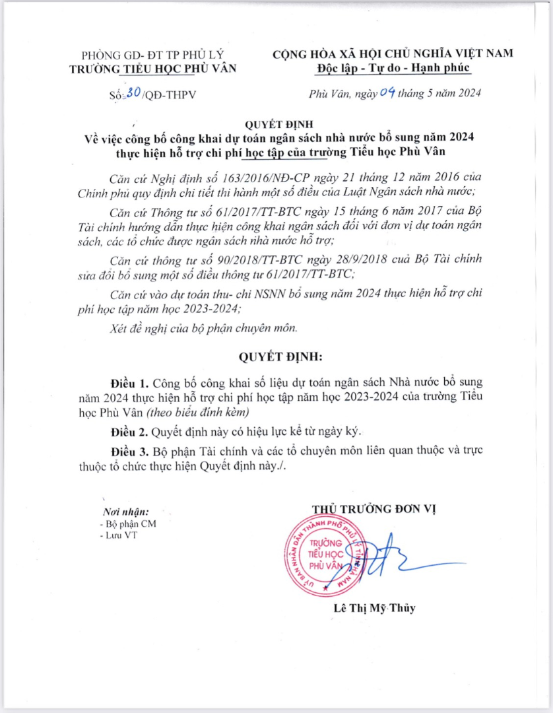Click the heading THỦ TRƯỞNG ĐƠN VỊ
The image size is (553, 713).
pos(374,509)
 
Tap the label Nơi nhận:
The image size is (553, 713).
pos(125,512)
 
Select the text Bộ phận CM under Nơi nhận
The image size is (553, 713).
pos(129,524)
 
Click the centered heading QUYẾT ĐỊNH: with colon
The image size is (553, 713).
pos(280,357)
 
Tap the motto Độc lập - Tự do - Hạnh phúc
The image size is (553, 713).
pos(393,68)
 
